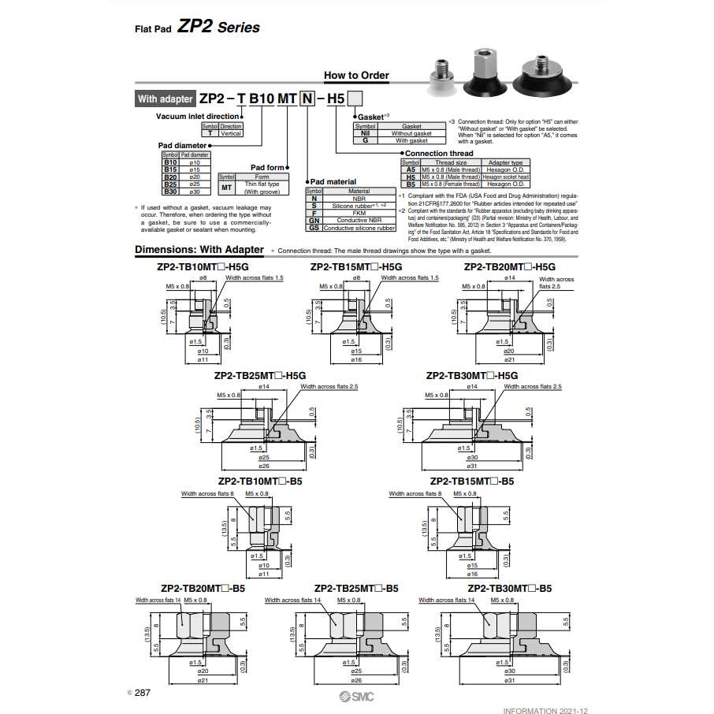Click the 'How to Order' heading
pos(356,76)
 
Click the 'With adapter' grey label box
pos(165,99)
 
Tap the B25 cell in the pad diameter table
pos(169,184)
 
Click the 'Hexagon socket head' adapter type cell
pos(505,177)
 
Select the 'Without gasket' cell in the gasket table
pos(411,133)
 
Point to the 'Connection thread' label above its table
pos(439,153)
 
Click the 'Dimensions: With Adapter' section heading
pos(199,250)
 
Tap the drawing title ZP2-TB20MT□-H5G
pos(509,267)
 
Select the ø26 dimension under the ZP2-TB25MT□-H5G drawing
pos(264,467)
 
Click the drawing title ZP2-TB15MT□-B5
pos(471,481)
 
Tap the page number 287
pos(142,692)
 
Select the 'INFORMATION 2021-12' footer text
pos(545,711)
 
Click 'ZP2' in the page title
pos(195,27)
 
